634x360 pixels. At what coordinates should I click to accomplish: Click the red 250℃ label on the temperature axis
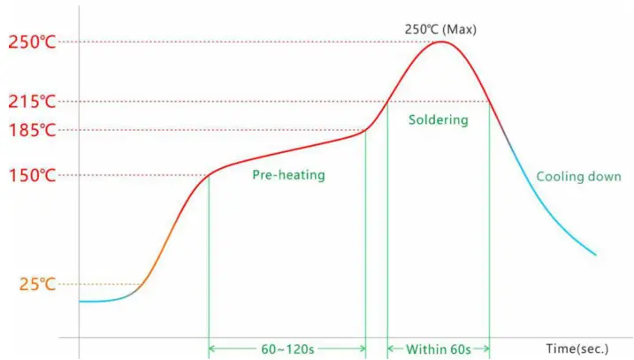point(32,42)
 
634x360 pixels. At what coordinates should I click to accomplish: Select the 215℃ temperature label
point(32,102)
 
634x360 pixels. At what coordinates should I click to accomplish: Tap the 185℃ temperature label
point(32,130)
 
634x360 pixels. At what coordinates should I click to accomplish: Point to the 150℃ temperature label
point(32,175)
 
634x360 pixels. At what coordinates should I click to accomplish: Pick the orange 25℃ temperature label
point(37,284)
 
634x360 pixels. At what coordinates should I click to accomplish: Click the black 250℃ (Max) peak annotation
point(440,28)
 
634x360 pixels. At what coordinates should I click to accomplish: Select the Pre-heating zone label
point(288,175)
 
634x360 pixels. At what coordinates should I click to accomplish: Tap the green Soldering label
point(438,119)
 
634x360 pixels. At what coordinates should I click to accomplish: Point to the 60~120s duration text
point(287,349)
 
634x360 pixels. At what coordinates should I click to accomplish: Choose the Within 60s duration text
point(439,349)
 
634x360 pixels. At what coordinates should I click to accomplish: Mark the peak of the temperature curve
point(439,42)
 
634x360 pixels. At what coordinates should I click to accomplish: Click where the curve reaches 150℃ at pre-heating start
point(209,174)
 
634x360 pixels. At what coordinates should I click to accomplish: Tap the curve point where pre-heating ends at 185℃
point(366,130)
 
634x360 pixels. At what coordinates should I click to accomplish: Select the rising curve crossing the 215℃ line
point(387,102)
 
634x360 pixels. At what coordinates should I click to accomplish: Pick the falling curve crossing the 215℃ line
point(489,102)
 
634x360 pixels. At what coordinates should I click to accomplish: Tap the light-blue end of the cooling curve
point(595,255)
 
